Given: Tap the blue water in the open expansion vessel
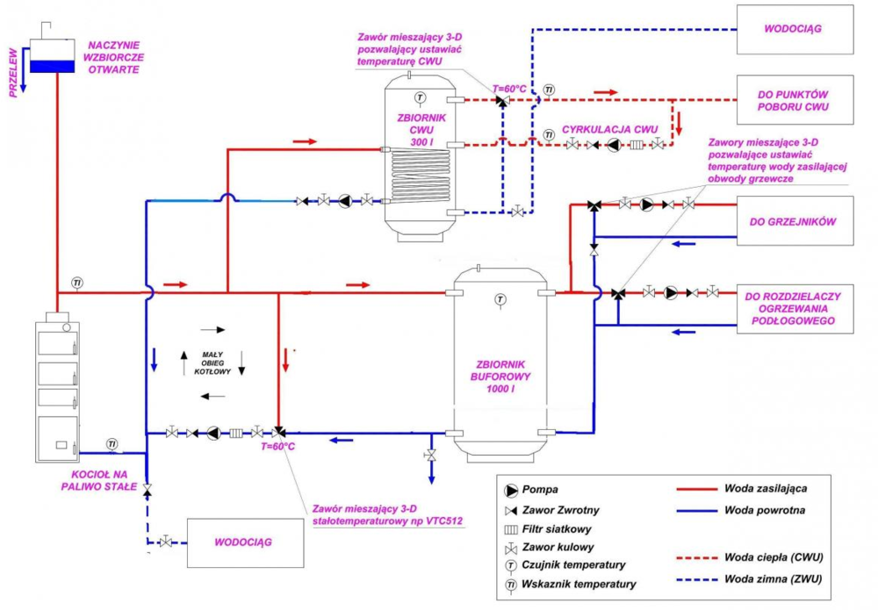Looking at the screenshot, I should pyautogui.click(x=53, y=63).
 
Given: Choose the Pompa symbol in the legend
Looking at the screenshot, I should pyautogui.click(x=512, y=489).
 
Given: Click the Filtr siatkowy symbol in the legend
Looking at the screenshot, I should pyautogui.click(x=512, y=529).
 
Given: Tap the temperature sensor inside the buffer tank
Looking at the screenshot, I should pyautogui.click(x=500, y=300).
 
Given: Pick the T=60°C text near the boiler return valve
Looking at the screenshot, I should pyautogui.click(x=277, y=447).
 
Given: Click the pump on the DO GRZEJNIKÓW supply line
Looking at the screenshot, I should pyautogui.click(x=647, y=205).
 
